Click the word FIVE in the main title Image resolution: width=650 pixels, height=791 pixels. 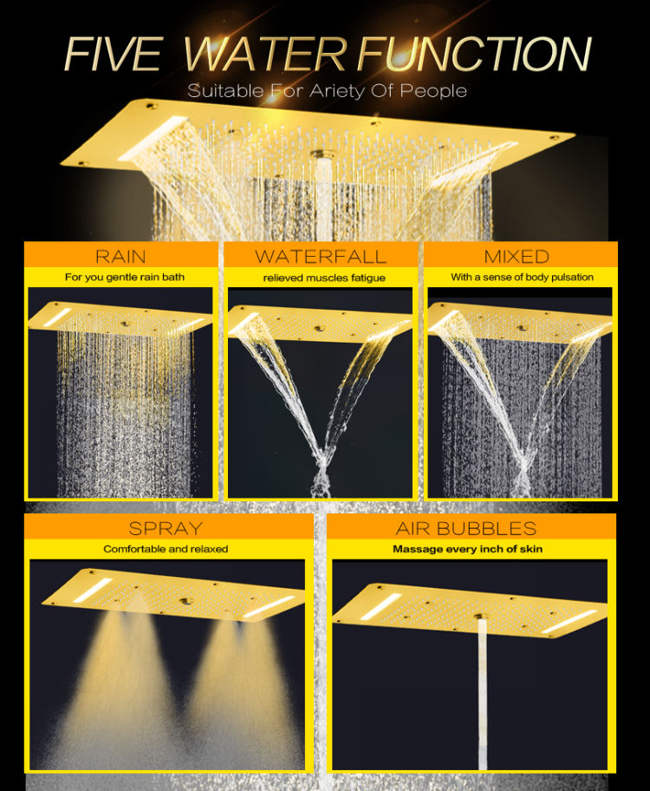(114, 54)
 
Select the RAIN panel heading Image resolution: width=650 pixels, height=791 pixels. (120, 256)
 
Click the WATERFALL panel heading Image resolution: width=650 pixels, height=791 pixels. (321, 256)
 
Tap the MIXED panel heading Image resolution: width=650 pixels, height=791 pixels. (517, 256)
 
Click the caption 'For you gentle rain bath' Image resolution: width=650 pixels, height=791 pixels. (120, 278)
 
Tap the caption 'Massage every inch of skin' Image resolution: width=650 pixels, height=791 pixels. (467, 549)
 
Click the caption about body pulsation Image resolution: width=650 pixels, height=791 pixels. (522, 278)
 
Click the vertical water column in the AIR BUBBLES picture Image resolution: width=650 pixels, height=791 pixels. (483, 694)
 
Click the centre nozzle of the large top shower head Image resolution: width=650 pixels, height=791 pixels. (324, 156)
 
